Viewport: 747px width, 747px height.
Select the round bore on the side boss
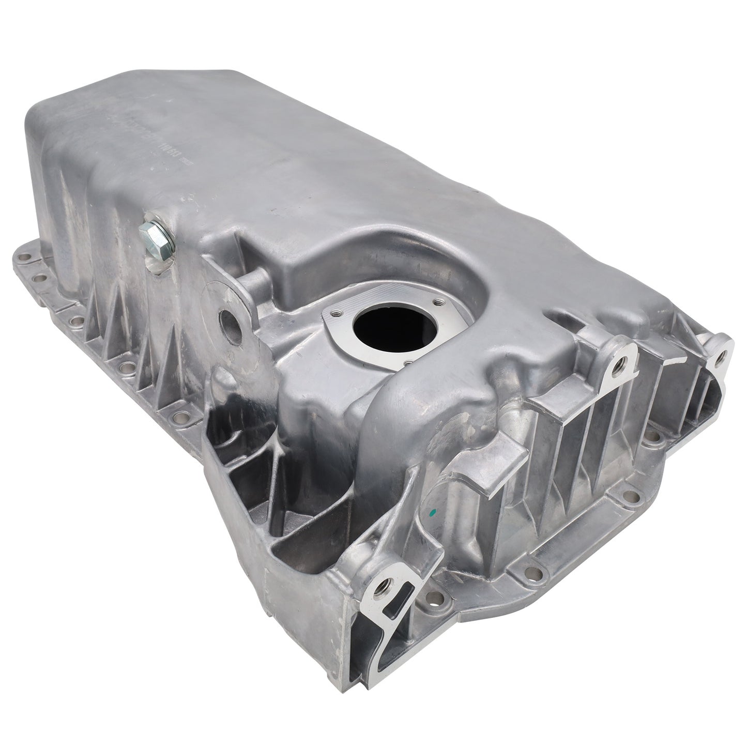click(x=228, y=321)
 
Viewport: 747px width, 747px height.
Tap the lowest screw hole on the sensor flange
click(x=408, y=363)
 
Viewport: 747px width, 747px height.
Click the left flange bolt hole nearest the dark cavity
click(x=181, y=401)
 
